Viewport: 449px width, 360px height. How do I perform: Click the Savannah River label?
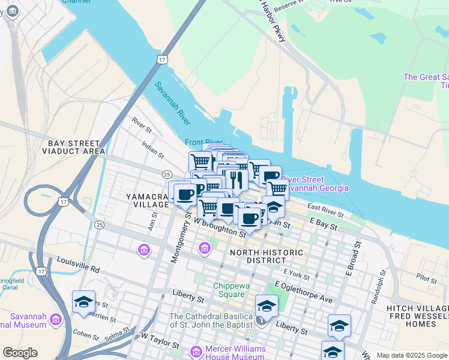coord(172,104)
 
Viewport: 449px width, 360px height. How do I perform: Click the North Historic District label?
coord(267,256)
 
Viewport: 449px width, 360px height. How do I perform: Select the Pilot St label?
coord(427,279)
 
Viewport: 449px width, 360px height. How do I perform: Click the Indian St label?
coord(152,149)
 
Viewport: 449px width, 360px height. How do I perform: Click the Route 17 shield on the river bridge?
coord(161,59)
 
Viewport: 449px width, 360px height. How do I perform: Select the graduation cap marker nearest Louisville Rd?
coord(83,302)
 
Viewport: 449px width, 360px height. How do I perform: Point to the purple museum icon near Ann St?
coord(144,250)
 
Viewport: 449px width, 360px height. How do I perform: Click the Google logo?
coord(20,352)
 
